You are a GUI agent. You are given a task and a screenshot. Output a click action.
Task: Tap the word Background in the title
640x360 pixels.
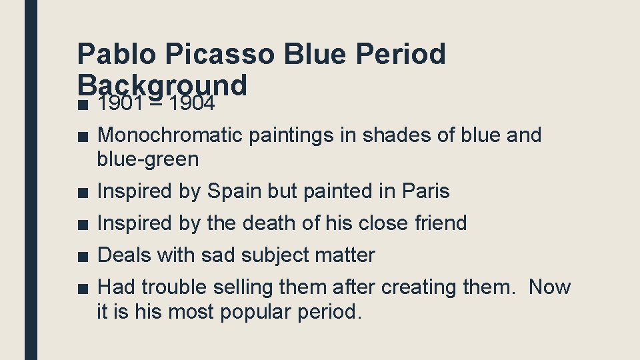(163, 85)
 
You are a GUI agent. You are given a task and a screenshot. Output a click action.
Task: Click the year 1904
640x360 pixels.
(193, 103)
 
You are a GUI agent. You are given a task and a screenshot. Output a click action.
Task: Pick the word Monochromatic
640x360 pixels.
(170, 135)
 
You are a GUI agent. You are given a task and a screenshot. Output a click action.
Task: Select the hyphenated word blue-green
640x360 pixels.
(147, 159)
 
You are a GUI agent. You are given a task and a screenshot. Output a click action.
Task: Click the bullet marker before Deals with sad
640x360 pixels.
(81, 256)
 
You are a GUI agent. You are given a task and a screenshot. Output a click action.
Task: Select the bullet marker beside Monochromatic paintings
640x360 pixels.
(81, 136)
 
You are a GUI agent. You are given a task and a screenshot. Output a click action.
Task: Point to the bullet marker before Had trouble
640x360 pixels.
(81, 288)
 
